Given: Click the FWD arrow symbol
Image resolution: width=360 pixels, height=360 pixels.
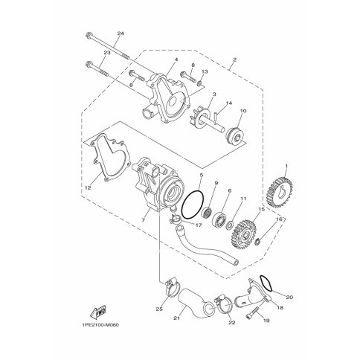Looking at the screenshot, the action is point(100,312).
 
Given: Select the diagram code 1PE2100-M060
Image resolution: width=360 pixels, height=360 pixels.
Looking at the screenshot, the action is point(100,325).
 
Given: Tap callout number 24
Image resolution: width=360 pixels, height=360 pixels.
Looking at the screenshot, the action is point(120,33).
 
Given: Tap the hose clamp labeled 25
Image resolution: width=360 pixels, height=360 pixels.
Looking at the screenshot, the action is point(171,288).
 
